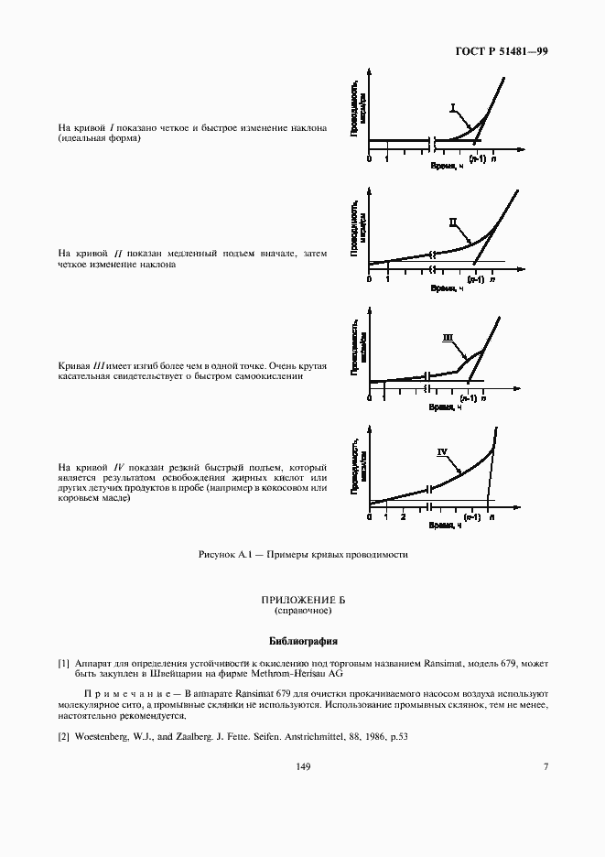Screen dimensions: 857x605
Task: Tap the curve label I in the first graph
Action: pyautogui.click(x=452, y=107)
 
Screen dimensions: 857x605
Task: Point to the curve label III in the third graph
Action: pyautogui.click(x=448, y=337)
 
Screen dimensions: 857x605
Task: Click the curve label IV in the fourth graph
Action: pyautogui.click(x=442, y=451)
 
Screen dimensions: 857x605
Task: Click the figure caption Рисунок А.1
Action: pyautogui.click(x=302, y=555)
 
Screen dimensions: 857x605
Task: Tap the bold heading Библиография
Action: pyautogui.click(x=302, y=641)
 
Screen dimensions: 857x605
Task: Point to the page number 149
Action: pyautogui.click(x=302, y=766)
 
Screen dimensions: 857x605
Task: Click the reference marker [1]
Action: pyautogui.click(x=63, y=662)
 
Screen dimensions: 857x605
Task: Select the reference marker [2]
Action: pyautogui.click(x=63, y=737)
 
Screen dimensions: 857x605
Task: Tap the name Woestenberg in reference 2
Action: pyautogui.click(x=107, y=737)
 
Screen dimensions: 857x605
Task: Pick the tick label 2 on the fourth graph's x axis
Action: pyautogui.click(x=402, y=517)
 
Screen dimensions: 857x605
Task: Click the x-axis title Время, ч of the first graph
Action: pyautogui.click(x=447, y=166)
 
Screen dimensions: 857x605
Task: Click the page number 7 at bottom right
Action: pyautogui.click(x=546, y=766)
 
